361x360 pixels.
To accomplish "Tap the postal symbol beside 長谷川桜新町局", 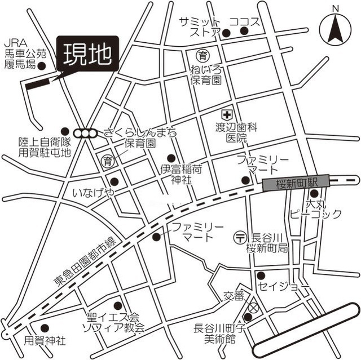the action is pyautogui.click(x=240, y=238).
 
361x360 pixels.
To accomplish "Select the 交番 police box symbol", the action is pyautogui.click(x=253, y=308).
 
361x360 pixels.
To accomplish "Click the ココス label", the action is pyautogui.click(x=245, y=23).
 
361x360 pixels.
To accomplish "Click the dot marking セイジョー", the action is pyautogui.click(x=261, y=275).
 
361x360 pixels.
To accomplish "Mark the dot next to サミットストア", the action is pyautogui.click(x=226, y=33).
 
